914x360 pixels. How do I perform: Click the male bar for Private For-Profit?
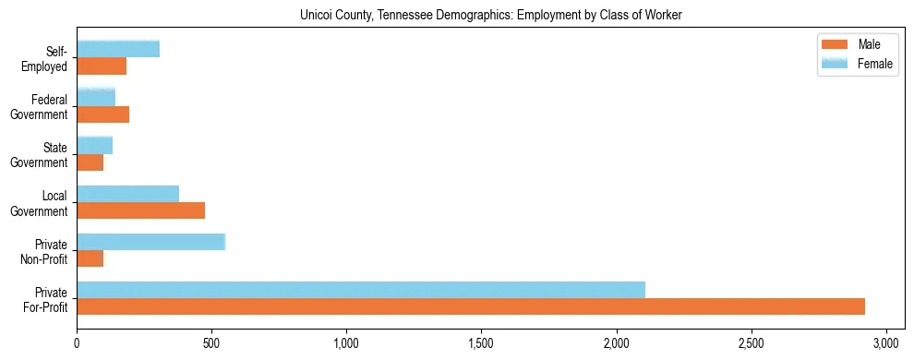471,306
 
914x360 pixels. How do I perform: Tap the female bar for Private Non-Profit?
150,241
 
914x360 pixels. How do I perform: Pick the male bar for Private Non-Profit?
90,258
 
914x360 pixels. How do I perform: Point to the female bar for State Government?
95,145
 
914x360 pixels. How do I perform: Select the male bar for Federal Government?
103,114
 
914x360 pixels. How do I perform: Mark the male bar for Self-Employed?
102,66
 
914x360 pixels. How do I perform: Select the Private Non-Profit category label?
45,251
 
